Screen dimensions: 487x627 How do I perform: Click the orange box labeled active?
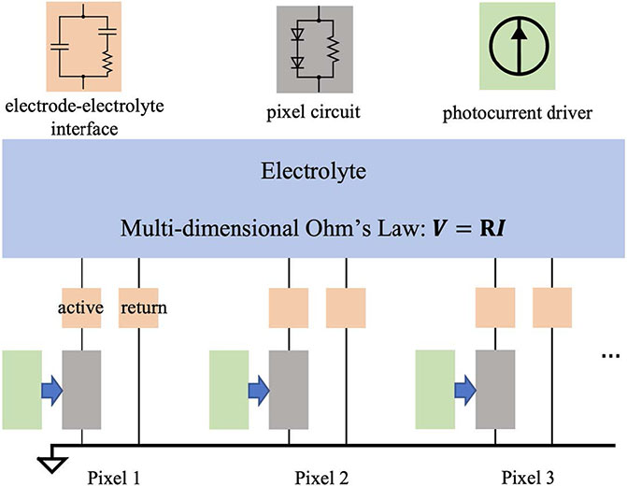tap(81, 308)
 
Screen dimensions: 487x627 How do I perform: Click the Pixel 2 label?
tap(318, 477)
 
